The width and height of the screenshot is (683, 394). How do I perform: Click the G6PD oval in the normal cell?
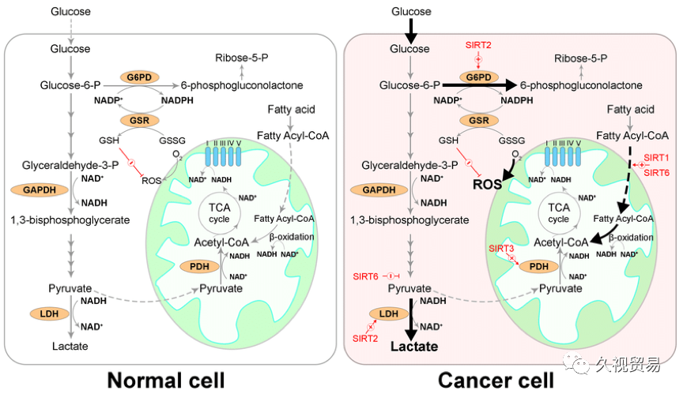(139, 77)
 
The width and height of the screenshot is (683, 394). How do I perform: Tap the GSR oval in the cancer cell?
(479, 121)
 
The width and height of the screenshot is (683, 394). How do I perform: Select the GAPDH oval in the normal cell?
(40, 190)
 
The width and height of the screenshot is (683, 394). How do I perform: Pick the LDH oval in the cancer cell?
(389, 314)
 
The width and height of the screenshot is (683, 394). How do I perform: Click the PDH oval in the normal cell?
(199, 267)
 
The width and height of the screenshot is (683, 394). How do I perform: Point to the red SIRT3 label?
(501, 249)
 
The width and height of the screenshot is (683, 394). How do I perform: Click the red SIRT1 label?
(656, 157)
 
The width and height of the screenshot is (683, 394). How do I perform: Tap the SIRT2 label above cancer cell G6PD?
(478, 45)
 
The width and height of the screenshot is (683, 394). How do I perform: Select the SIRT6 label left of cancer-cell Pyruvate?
(365, 276)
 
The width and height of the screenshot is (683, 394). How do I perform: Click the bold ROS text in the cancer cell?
(487, 185)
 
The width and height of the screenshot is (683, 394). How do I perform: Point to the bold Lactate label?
(414, 347)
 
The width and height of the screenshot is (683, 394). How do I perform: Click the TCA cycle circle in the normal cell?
(219, 212)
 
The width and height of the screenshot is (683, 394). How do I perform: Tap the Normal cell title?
(166, 381)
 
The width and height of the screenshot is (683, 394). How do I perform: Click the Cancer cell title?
(496, 381)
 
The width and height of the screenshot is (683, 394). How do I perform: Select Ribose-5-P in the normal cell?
(242, 58)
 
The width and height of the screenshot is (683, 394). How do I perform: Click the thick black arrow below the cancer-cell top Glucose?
(410, 29)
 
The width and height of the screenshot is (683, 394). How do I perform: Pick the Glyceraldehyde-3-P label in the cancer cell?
(410, 165)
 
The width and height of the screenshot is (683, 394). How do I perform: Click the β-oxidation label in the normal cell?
(292, 237)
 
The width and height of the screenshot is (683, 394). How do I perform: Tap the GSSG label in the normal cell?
(172, 141)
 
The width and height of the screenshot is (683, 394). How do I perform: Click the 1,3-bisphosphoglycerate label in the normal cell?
(70, 220)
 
